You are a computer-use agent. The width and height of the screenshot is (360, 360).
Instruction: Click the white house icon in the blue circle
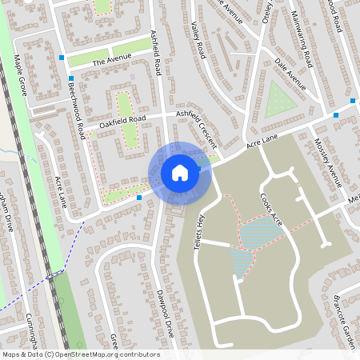point(179,172)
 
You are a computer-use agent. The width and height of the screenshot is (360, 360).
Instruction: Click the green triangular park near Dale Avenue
point(278,101)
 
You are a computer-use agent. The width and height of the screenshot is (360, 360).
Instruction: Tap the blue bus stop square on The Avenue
point(62,58)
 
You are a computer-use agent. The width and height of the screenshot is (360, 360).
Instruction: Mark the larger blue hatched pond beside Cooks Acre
point(256,233)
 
